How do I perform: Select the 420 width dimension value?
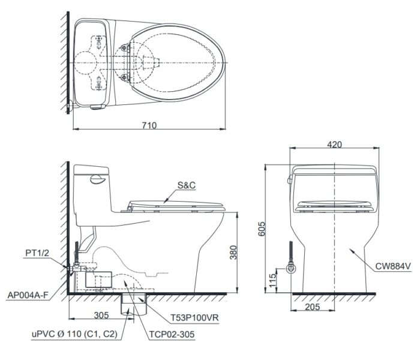point(335,144)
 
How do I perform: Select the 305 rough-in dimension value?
point(100,314)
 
